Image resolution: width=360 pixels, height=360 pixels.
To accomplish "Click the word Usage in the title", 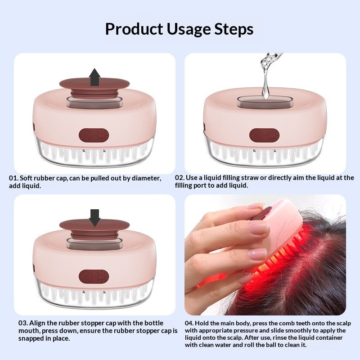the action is pyautogui.click(x=188, y=29).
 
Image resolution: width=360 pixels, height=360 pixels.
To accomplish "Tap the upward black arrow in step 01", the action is pyautogui.click(x=95, y=77).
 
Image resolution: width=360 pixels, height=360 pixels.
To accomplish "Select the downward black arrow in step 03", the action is pyautogui.click(x=94, y=218).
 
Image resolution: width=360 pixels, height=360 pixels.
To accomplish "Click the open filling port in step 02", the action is pyautogui.click(x=265, y=102).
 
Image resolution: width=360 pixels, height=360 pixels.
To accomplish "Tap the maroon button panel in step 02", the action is pyautogui.click(x=264, y=135).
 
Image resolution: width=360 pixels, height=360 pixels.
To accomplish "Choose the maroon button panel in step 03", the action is pyautogui.click(x=94, y=276).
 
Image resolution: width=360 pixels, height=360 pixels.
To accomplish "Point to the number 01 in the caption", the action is pyautogui.click(x=13, y=178).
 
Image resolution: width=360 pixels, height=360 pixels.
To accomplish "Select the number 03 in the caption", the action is pyautogui.click(x=23, y=323).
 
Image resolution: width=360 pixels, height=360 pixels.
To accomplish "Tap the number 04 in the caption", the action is pyautogui.click(x=189, y=323).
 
